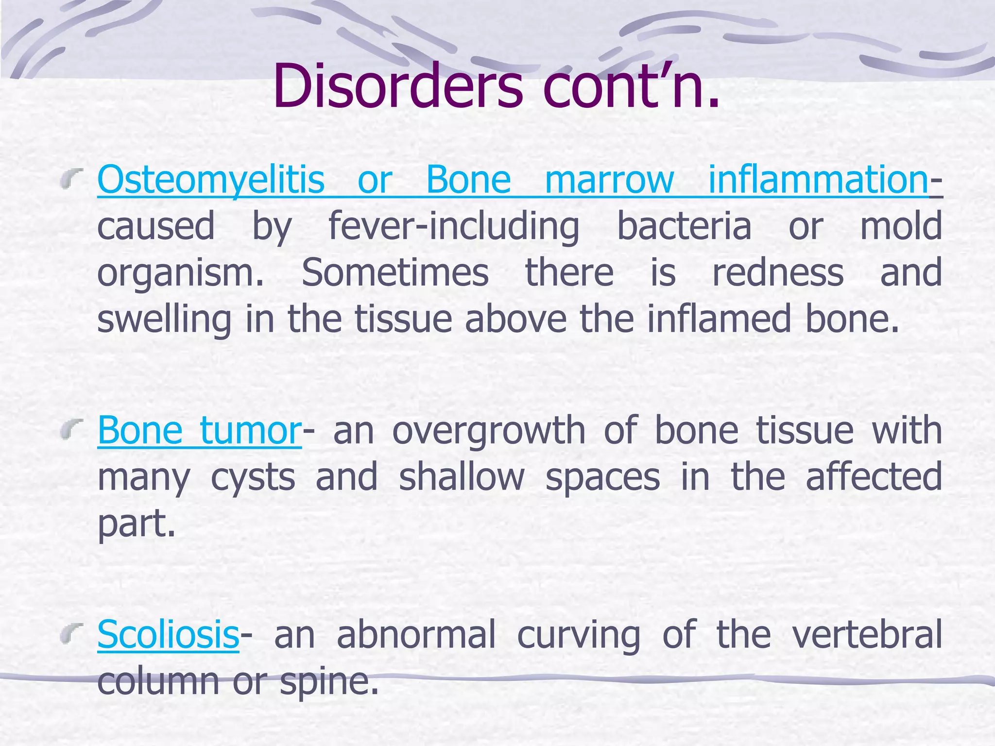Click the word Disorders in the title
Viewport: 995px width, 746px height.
pyautogui.click(x=397, y=86)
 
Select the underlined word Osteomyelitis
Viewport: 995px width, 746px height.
pyautogui.click(x=211, y=180)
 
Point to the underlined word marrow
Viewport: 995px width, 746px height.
pyautogui.click(x=609, y=180)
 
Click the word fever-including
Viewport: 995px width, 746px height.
pyautogui.click(x=454, y=226)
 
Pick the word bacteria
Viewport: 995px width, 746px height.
pyautogui.click(x=684, y=226)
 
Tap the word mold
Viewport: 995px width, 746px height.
pyautogui.click(x=901, y=226)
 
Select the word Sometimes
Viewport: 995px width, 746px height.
pyautogui.click(x=395, y=272)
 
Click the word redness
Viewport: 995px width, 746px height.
pyautogui.click(x=778, y=272)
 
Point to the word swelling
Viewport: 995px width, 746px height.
pyautogui.click(x=164, y=320)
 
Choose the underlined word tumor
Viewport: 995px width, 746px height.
pyautogui.click(x=251, y=431)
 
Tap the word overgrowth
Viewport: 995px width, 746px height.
pyautogui.click(x=489, y=431)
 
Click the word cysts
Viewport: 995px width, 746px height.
pyautogui.click(x=253, y=477)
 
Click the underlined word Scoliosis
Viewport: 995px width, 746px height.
pyautogui.click(x=168, y=634)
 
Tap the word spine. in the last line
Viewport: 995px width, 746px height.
pyautogui.click(x=329, y=681)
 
